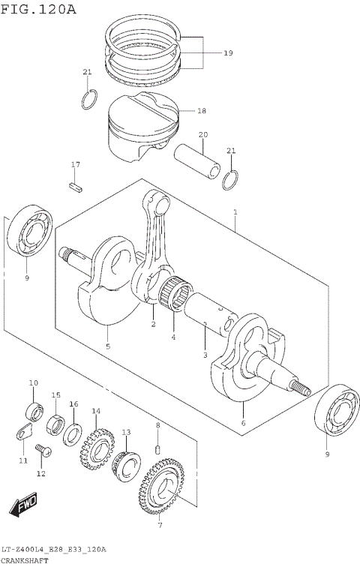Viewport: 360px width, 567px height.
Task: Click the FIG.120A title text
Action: pyautogui.click(x=38, y=9)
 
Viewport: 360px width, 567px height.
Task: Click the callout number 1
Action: pyautogui.click(x=235, y=212)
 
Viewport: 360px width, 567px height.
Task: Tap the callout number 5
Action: pyautogui.click(x=108, y=346)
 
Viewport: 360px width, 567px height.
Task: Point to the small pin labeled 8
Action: pyautogui.click(x=157, y=448)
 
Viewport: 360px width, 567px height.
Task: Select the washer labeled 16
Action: pyautogui.click(x=75, y=433)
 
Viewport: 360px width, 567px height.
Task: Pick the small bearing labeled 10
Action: pyautogui.click(x=34, y=412)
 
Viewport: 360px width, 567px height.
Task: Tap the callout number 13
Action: pyautogui.click(x=126, y=433)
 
